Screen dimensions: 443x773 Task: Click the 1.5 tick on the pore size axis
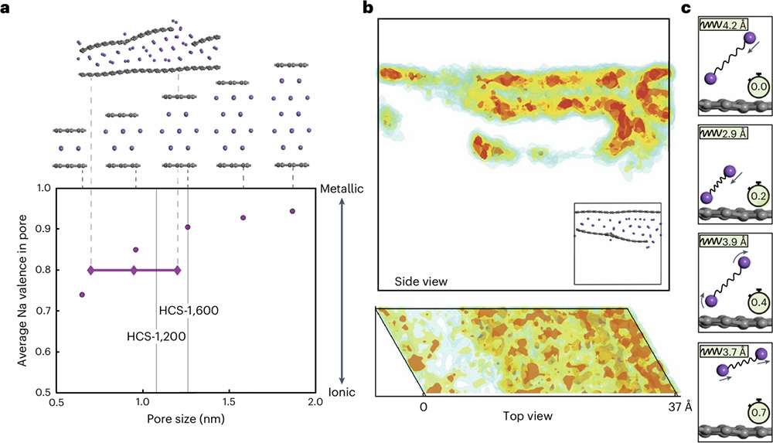pos(228,404)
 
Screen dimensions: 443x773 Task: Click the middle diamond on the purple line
pos(135,271)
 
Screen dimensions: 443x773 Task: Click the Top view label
pos(527,416)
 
